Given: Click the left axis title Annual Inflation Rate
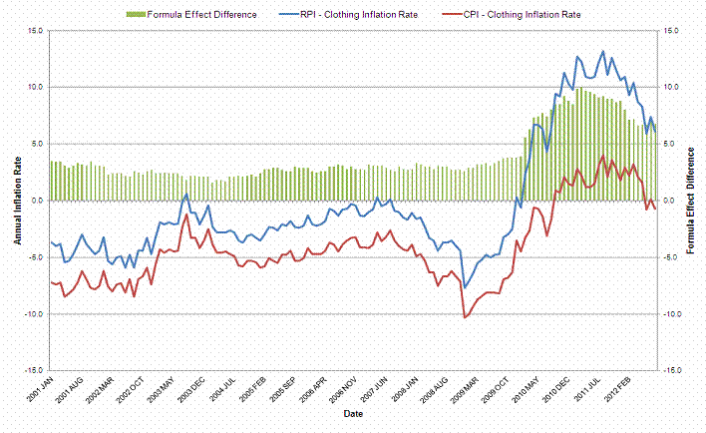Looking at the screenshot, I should [x=17, y=200].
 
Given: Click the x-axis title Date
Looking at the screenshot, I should [x=353, y=412].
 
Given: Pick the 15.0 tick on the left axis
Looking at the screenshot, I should [x=34, y=30].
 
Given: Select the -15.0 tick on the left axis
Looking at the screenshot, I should [x=32, y=370].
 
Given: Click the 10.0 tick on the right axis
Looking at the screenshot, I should [x=669, y=87].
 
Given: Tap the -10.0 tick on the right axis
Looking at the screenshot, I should [x=671, y=313].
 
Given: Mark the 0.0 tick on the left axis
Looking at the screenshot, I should [x=36, y=201].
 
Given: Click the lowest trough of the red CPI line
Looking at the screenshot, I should [x=464, y=317].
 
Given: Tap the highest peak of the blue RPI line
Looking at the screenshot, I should [x=602, y=51].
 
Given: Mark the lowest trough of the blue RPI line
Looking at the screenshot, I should [x=464, y=288].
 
